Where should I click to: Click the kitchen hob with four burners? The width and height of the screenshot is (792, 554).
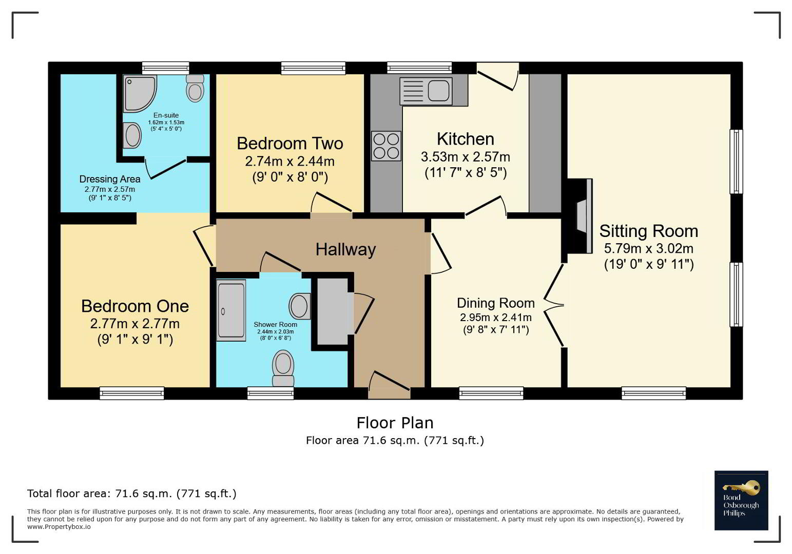tap(386, 146)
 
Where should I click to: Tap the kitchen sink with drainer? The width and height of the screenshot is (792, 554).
tap(426, 91)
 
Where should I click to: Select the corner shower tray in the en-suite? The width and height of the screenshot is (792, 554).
tap(140, 93)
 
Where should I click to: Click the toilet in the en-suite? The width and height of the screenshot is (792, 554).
tap(195, 88)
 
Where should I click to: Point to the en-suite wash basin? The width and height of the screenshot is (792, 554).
tap(132, 135)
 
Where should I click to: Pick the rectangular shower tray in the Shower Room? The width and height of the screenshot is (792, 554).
tap(231, 310)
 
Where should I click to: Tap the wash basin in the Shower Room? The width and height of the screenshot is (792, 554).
tap(300, 306)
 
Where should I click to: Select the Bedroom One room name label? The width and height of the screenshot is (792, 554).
tap(135, 306)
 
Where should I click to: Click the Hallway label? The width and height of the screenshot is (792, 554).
tap(345, 249)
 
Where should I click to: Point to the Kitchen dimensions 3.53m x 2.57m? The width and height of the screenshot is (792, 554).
tap(466, 156)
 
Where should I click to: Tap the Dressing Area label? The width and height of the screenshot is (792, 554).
tap(110, 179)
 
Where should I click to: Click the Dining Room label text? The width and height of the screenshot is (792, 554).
tap(496, 303)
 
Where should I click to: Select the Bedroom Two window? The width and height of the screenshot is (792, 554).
tap(313, 68)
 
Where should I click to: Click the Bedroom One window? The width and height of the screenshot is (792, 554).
tap(132, 393)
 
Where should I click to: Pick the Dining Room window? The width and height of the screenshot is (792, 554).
tap(491, 393)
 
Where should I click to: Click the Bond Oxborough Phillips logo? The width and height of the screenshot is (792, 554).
tap(741, 500)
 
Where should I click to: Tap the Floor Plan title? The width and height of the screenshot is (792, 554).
tap(395, 423)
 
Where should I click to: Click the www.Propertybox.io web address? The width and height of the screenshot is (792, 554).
tap(59, 527)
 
